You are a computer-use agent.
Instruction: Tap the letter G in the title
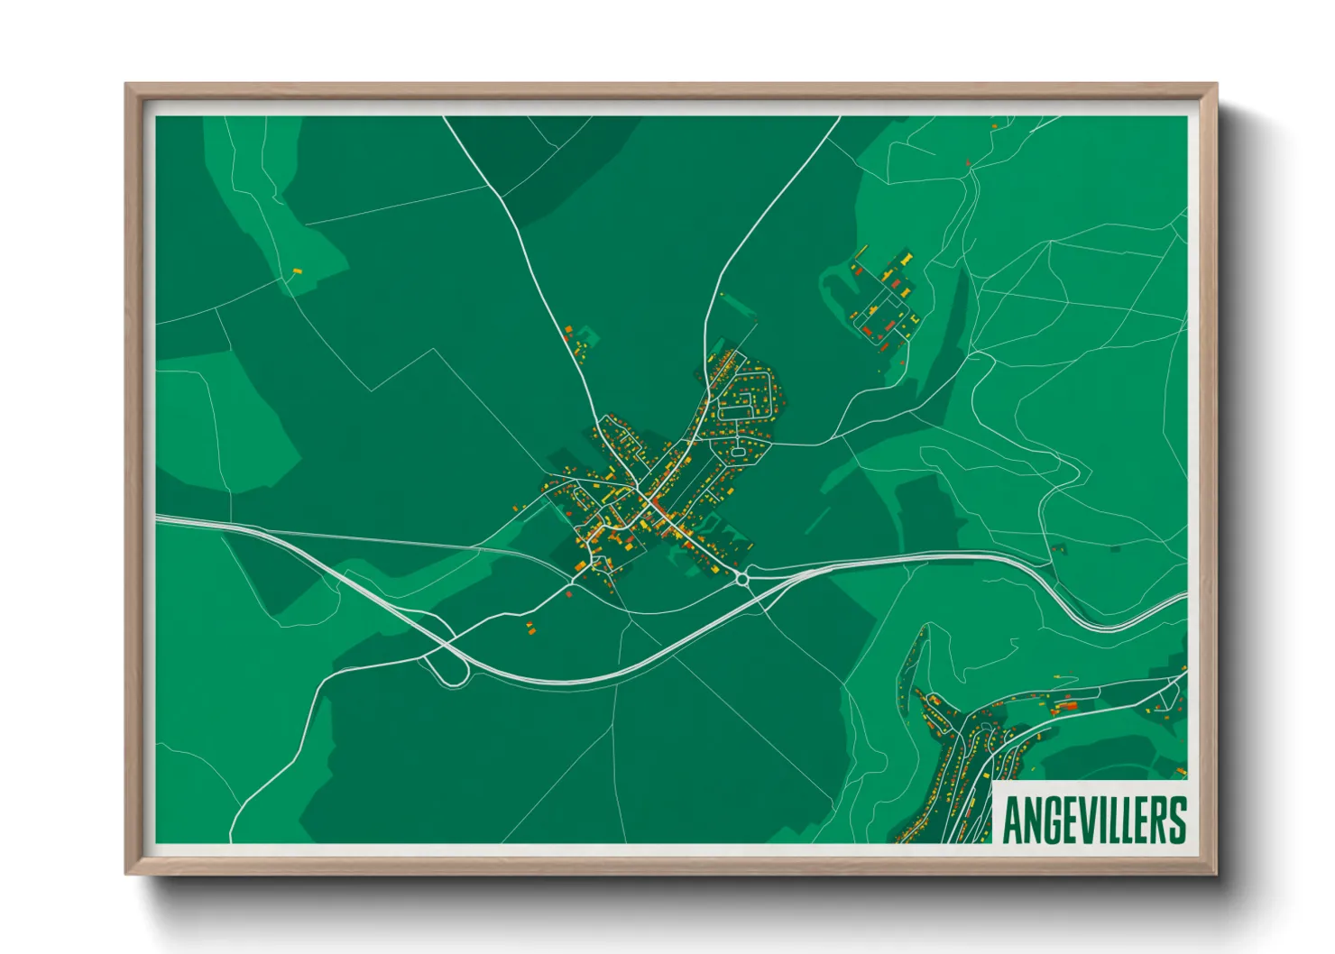1051,820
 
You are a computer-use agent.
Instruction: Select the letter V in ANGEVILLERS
1087,820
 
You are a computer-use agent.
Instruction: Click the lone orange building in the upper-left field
296,271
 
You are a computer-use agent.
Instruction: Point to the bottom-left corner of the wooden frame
127,872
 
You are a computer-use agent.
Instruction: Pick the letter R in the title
1157,820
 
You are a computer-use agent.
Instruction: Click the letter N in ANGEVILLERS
1032,820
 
